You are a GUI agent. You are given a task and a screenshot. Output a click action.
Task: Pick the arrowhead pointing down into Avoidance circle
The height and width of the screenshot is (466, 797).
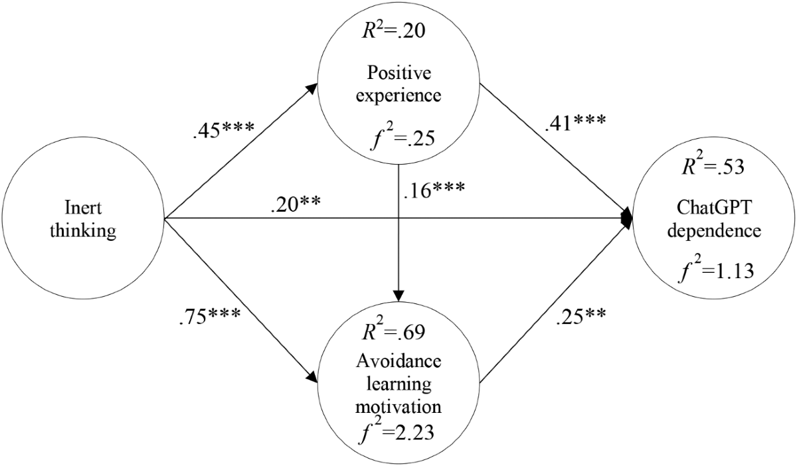[x=398, y=295]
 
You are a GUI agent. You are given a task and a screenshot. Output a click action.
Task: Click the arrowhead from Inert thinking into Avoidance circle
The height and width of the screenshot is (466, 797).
[x=312, y=376]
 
